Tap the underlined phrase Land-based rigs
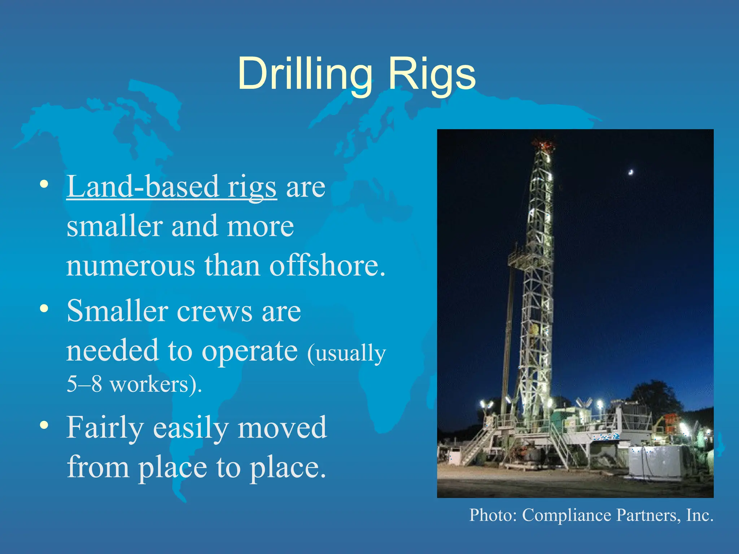pyautogui.click(x=172, y=187)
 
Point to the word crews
pyautogui.click(x=215, y=311)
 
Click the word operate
pyautogui.click(x=249, y=351)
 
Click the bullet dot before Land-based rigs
pyautogui.click(x=44, y=184)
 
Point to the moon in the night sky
pyautogui.click(x=631, y=172)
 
